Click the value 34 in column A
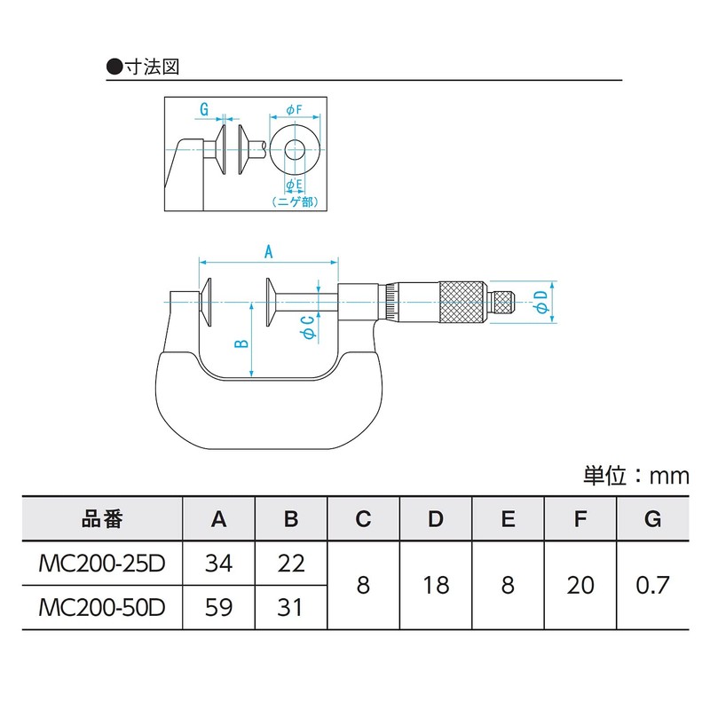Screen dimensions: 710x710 218,564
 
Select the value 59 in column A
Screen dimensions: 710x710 218,607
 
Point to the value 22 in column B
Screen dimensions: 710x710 290,564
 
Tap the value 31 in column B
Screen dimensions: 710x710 290,607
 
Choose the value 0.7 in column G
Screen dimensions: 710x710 652,586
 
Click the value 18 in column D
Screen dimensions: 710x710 435,586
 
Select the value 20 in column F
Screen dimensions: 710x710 580,586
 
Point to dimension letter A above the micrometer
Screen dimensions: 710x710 268,251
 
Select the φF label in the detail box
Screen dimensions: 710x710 294,109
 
